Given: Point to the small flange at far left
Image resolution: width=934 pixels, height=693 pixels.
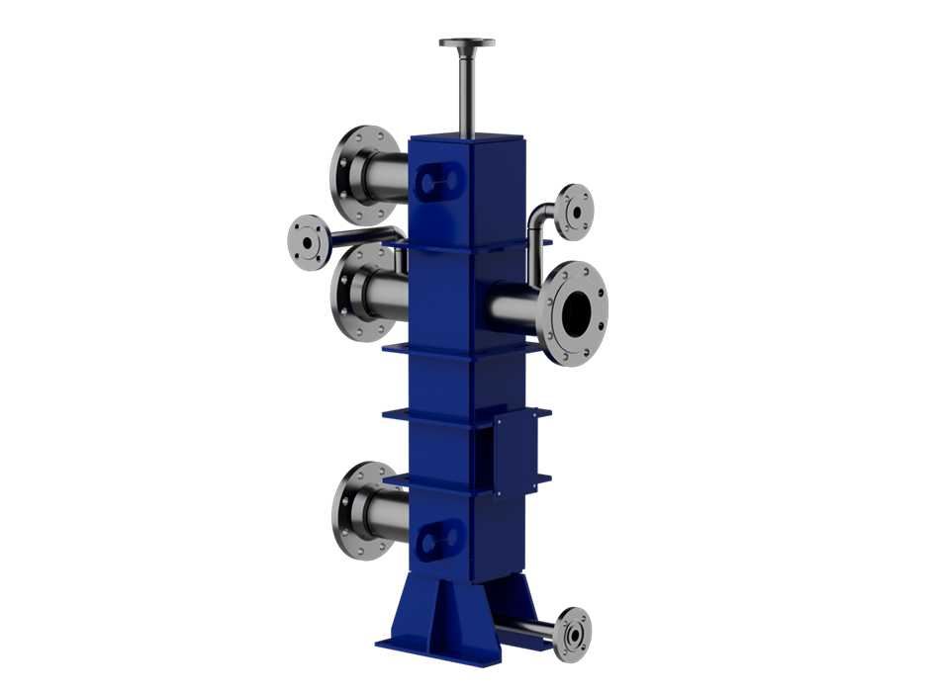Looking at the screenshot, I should tap(306, 240).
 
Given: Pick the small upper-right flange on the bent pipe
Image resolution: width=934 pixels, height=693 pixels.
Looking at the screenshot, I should tap(574, 212).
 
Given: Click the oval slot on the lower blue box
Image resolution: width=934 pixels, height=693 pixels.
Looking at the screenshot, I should tap(439, 540).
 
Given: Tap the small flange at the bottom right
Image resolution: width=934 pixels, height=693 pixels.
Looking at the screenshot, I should tap(572, 634).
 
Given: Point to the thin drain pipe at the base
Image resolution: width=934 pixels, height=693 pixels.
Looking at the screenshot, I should tap(524, 629).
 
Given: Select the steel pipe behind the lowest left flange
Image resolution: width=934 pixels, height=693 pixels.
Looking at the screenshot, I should tap(388, 512).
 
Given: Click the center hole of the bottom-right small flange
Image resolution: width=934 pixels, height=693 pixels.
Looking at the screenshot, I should tap(573, 634).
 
